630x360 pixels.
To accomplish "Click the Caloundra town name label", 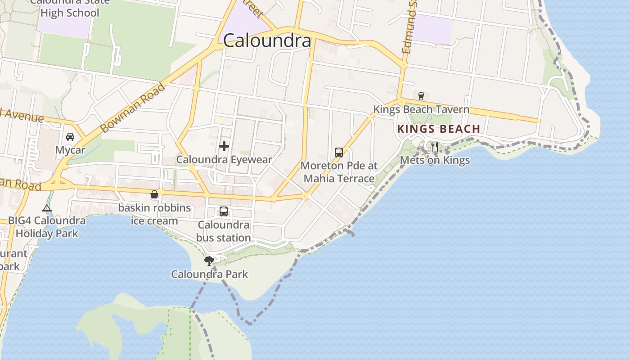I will coord(267,41).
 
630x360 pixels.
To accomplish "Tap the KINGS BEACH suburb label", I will coord(439,129).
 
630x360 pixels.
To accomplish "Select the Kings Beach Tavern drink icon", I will coord(421,96).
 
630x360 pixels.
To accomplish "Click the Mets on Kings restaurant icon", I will coord(434,147).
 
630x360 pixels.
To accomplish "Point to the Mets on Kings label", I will coord(435,160).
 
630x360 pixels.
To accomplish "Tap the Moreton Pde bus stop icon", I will coord(339,153).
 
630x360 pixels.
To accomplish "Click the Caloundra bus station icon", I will coord(224,211).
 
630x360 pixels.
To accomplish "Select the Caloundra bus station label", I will coord(224,231).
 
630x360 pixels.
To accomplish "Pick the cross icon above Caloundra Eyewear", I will coord(224,146).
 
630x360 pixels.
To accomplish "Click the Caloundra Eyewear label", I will coord(224,160).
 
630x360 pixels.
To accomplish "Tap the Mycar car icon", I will coord(70,137).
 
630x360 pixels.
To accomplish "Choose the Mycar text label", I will coord(70,150).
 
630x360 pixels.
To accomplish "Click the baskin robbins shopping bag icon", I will coord(154,194).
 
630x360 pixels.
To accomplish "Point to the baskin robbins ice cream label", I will coord(154,215).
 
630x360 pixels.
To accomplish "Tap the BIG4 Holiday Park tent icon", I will coord(47,208).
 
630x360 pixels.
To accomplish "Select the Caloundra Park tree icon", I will coord(209,260).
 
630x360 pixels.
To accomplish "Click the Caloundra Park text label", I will coord(210,274).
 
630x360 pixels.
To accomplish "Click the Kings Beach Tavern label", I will coord(421,109).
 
